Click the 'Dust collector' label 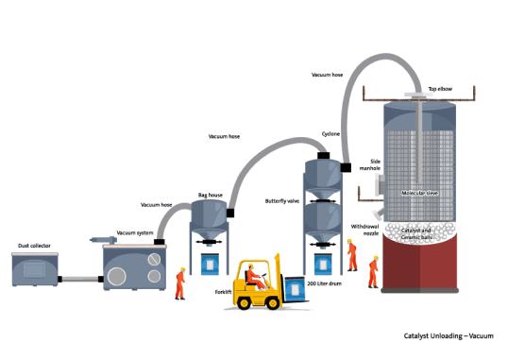[34, 246]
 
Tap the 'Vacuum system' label [135, 232]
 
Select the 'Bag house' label [211, 195]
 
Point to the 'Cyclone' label [330, 133]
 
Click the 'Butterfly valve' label [282, 201]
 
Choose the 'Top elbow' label [440, 89]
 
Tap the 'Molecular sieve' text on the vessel [419, 193]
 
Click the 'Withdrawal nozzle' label [365, 230]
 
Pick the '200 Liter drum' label [324, 283]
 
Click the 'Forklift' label [223, 292]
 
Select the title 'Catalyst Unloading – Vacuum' [449, 336]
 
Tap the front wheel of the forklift [273, 303]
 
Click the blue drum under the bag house [210, 265]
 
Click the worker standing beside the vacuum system [180, 283]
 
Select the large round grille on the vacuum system [117, 276]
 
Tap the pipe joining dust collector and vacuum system [80, 279]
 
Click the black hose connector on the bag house [230, 214]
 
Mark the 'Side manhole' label [370, 164]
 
